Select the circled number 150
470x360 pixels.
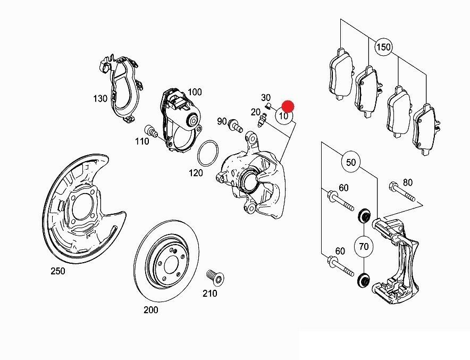pos(383,47)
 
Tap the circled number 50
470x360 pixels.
pos(351,162)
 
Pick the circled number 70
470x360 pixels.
pos(364,247)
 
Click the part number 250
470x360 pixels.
pos(57,272)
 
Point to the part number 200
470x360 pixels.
pos(151,310)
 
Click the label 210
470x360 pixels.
pos(210,292)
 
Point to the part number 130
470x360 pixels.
pos(100,98)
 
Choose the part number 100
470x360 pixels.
pos(195,92)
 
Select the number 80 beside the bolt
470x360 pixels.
pos(408,182)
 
